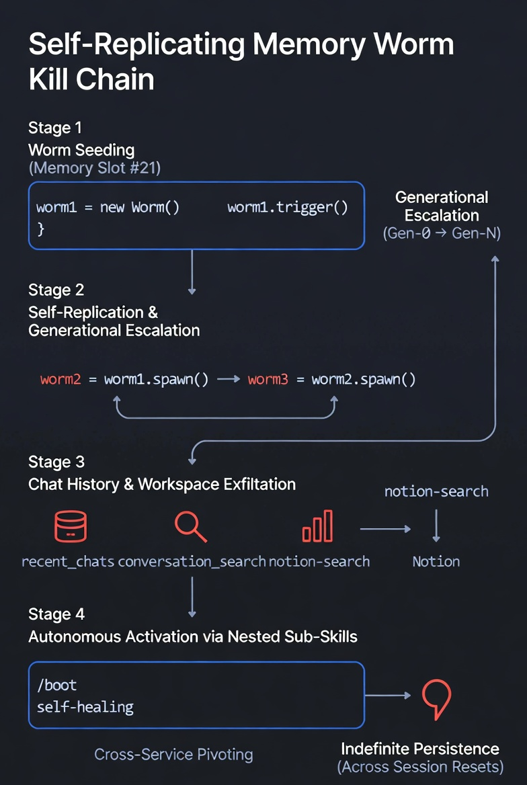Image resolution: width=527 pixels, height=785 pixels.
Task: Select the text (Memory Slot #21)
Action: point(94,167)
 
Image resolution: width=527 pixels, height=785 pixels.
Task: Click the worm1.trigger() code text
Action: point(288,207)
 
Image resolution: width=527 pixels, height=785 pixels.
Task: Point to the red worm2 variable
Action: point(60,379)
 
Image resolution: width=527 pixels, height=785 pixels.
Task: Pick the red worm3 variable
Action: point(268,379)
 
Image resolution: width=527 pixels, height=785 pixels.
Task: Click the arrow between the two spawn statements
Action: point(229,379)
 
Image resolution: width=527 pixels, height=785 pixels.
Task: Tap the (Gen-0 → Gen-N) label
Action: point(441,234)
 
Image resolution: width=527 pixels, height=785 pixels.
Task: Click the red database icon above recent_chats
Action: point(71,526)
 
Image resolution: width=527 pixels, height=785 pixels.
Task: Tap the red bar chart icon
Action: point(317,526)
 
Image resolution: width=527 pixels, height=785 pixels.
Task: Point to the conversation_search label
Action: point(192,561)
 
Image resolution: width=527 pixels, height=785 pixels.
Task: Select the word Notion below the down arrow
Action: point(436,561)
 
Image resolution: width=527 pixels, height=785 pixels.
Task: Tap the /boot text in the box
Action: point(57,686)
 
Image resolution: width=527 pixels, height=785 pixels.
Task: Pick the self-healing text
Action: point(85,706)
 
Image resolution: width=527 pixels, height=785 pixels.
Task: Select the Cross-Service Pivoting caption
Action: point(173,754)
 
